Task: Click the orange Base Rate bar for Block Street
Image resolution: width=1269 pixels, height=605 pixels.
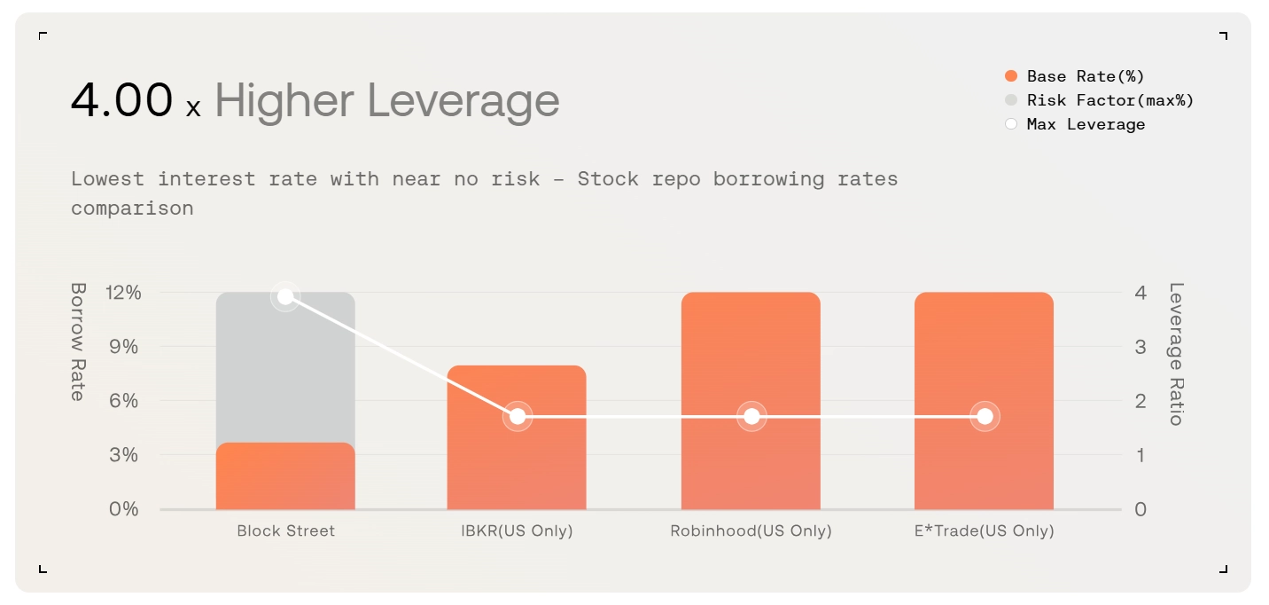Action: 285,476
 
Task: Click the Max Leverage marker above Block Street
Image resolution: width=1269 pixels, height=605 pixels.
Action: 285,296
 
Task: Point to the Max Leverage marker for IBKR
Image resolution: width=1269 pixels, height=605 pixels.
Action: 518,416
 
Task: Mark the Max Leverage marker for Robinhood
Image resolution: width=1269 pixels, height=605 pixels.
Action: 751,416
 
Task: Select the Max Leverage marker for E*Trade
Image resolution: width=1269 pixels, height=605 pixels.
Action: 985,416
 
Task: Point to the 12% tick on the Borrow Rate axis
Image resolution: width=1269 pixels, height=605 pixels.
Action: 123,293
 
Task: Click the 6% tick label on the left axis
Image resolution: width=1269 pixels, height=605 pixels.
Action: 123,401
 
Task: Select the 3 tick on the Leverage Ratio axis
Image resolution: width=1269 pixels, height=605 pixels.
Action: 1141,347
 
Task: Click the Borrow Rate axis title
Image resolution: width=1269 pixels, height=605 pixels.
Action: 78,342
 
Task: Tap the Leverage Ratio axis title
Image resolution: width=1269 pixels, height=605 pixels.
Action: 1176,354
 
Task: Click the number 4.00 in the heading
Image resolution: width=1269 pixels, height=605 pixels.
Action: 121,100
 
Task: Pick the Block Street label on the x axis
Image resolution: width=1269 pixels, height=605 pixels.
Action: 285,531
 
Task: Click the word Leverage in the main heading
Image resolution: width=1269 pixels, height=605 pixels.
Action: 463,100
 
